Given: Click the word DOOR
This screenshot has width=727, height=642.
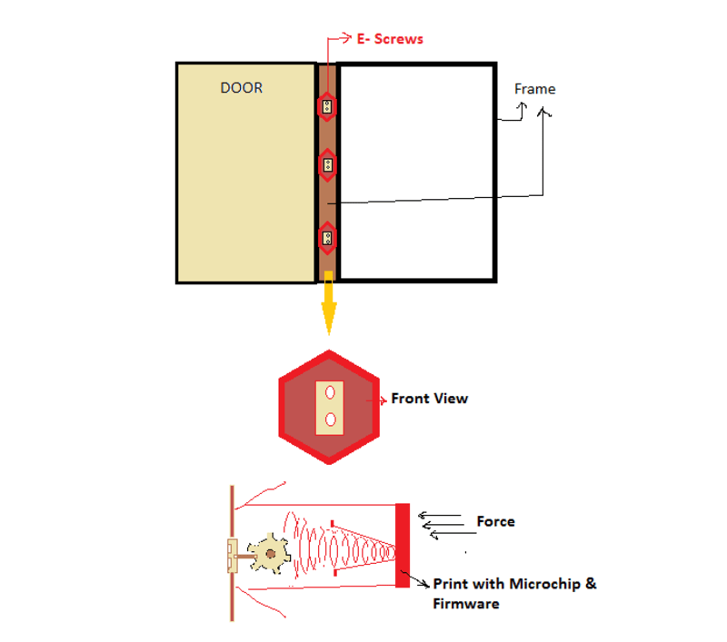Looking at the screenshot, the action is (x=242, y=88).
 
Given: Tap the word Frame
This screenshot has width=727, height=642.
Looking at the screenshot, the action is (x=534, y=89).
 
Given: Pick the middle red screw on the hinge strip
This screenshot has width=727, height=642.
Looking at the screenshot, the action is (x=327, y=164).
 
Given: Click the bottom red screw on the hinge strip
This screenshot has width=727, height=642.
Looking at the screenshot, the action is (x=327, y=239).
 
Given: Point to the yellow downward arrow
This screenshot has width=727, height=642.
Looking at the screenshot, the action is (x=328, y=309).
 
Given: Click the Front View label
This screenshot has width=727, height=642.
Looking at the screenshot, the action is (x=429, y=399).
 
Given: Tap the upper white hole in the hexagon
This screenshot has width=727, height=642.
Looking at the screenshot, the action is (x=329, y=392).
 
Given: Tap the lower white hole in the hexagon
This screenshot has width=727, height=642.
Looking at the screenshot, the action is (x=329, y=419).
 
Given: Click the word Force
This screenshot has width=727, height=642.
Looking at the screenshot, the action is (x=495, y=521).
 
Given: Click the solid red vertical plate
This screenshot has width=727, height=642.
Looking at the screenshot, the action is (x=403, y=545).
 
